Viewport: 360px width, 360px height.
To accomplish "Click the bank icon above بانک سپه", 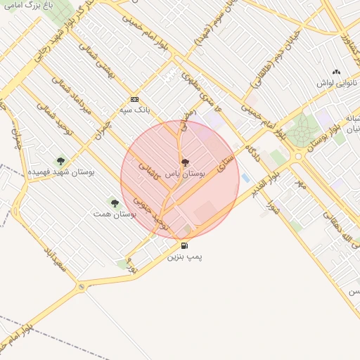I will click(134, 100).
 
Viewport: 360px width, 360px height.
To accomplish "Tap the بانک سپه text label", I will click(134, 110).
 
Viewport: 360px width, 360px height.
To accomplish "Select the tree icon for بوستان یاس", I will click(185, 162).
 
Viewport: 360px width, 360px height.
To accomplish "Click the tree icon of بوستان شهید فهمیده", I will click(60, 160).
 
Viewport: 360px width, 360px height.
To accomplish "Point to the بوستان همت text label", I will click(114, 213).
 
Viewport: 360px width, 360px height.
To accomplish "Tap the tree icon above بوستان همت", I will click(115, 203).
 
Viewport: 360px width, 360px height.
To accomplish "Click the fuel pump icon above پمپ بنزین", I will click(184, 245).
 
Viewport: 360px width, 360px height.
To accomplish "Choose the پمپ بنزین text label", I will click(184, 257).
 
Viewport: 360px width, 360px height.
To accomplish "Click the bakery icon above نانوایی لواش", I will click(336, 72).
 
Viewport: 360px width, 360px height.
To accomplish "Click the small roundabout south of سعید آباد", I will click(82, 286).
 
